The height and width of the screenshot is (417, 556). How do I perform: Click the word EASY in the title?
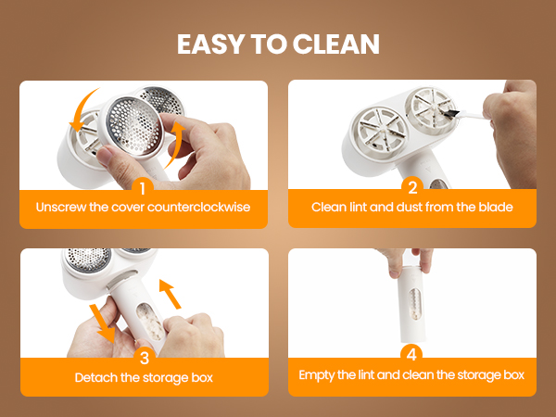pos(211,44)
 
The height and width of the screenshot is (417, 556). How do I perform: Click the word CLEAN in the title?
pos(336,44)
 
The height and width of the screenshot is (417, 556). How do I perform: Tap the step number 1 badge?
pos(143,188)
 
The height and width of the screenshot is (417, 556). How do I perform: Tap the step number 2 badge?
pos(412,187)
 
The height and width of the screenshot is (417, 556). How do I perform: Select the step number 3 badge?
pos(145,358)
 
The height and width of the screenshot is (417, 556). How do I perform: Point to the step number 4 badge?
pos(411,354)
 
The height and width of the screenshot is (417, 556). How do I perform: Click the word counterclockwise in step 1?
pos(198,207)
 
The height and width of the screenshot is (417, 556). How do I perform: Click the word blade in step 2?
pos(496,207)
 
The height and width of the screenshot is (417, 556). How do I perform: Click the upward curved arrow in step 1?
pos(176,145)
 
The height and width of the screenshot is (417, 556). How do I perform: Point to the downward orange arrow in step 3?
pos(102,323)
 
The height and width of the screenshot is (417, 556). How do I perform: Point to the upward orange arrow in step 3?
pos(170,294)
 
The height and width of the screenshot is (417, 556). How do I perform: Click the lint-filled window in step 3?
pos(151,322)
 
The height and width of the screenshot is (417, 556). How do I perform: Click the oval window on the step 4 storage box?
pos(415,304)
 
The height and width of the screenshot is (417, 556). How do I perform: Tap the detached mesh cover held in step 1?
pos(132,126)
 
